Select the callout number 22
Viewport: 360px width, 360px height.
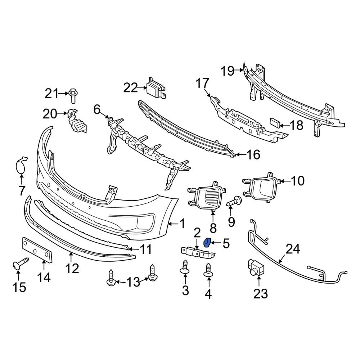(x=131, y=87)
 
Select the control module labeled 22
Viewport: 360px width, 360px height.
(x=155, y=87)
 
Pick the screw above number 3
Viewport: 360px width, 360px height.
(x=185, y=267)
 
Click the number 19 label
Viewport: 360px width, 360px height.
(x=228, y=71)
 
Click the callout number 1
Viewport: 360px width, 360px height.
(x=182, y=224)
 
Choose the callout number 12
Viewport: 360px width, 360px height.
(x=72, y=268)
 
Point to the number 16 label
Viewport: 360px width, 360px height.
(x=253, y=155)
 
